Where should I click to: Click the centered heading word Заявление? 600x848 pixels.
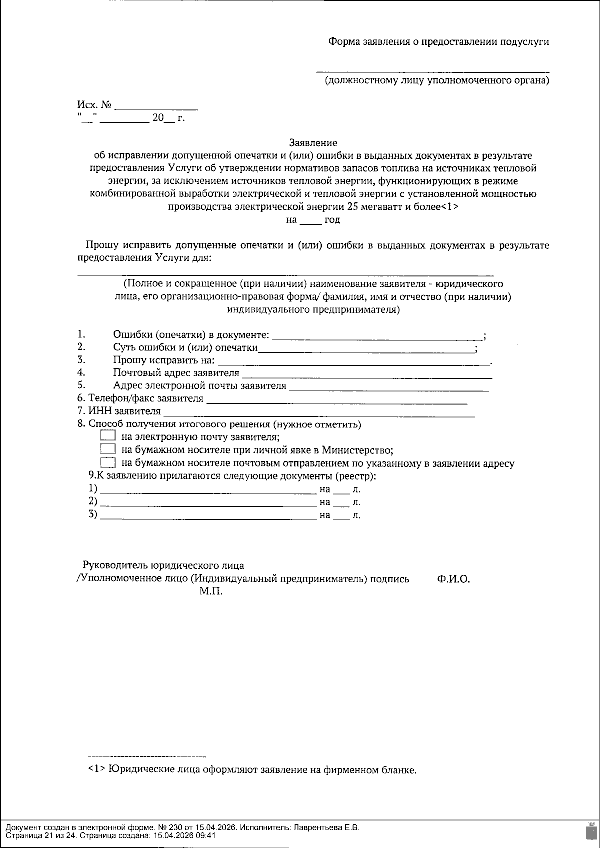[313, 143]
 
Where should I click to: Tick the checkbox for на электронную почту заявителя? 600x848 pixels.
[108, 436]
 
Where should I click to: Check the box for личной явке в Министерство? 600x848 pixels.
[108, 449]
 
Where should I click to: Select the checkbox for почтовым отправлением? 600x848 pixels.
[108, 462]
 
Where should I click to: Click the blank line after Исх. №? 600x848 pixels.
[156, 107]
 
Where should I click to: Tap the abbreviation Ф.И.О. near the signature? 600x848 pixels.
[453, 579]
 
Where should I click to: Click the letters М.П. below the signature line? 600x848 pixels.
[211, 592]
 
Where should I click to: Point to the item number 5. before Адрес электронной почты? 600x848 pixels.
[81, 385]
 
